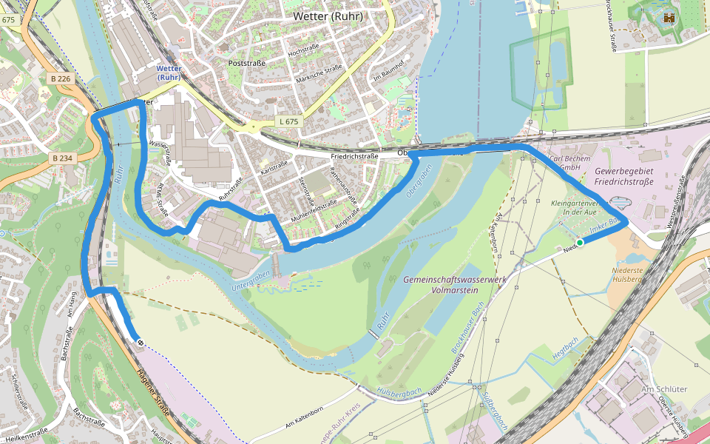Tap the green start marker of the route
pyautogui.click(x=580, y=242)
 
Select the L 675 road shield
pyautogui.click(x=289, y=121)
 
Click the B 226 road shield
pyautogui.click(x=61, y=78)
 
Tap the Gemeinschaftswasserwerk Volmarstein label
pyautogui.click(x=444, y=285)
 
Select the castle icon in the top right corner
pyautogui.click(x=670, y=18)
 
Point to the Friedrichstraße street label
pyautogui.click(x=355, y=156)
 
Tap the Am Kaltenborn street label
pyautogui.click(x=304, y=419)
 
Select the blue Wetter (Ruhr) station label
pyautogui.click(x=169, y=73)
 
